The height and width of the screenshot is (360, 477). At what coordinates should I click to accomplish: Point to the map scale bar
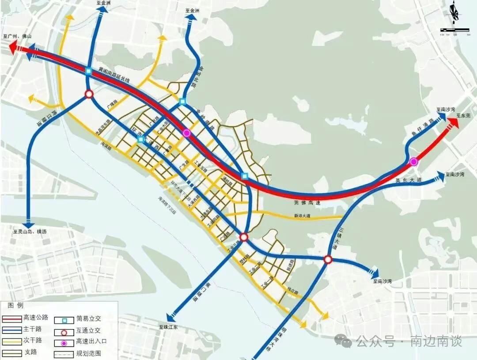click(454, 30)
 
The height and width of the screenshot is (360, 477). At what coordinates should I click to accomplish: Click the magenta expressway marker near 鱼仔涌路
click(414, 162)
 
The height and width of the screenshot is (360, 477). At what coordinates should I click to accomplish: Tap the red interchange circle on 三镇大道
click(328, 260)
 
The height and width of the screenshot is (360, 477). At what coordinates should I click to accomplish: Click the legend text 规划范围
click(88, 353)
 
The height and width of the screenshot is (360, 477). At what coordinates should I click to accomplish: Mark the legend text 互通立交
click(88, 330)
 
